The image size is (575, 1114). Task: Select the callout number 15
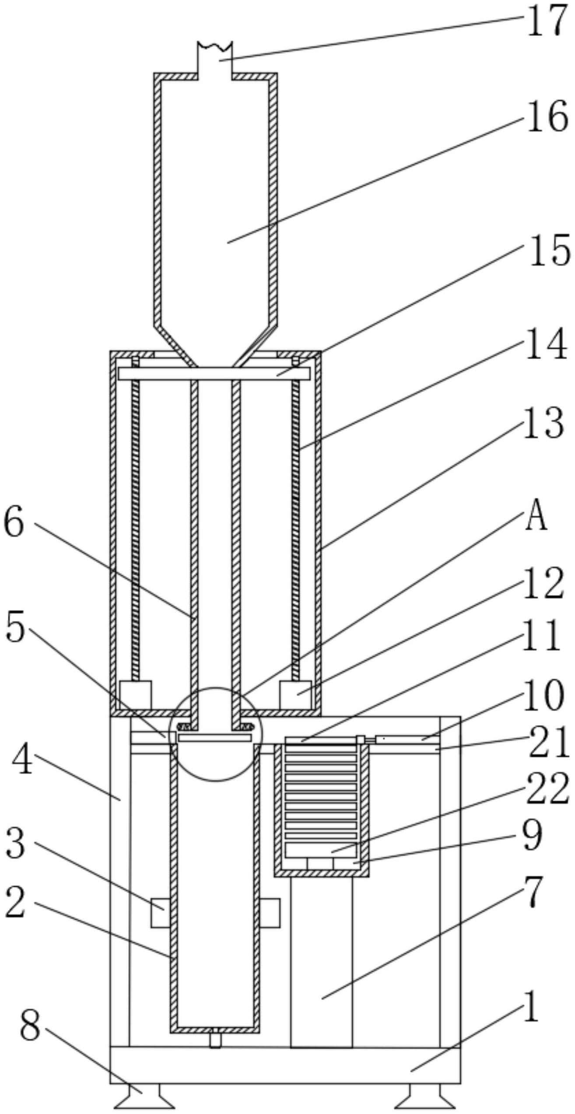[550, 250]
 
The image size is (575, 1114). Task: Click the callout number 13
[544, 423]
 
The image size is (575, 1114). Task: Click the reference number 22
[547, 789]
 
